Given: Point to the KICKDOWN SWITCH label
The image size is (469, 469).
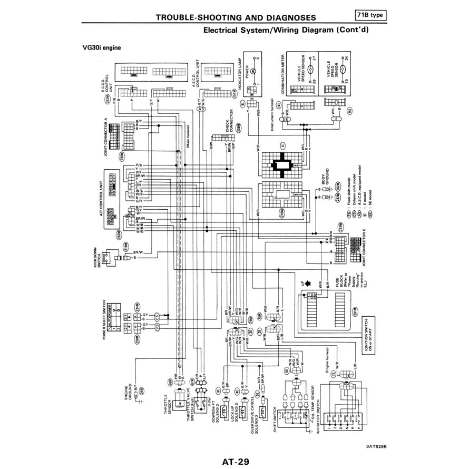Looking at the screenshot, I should (97, 257).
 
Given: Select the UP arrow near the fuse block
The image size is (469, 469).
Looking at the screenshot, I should (304, 283).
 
